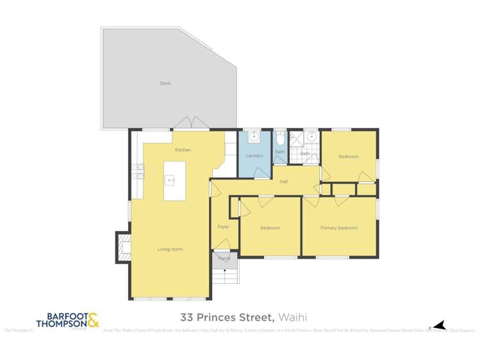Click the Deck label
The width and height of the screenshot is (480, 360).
(x=165, y=83)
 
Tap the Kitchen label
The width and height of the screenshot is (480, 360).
(x=183, y=150)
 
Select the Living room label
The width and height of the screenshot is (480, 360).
(x=170, y=249)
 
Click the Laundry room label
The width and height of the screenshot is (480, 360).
(x=254, y=156)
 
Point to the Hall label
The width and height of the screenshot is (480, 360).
(x=283, y=182)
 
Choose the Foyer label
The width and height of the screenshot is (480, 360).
(x=223, y=227)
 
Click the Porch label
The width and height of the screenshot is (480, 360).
(x=224, y=258)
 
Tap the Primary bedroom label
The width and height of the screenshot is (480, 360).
(x=339, y=227)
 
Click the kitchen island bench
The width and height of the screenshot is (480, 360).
(x=174, y=181)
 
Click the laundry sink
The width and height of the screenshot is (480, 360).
(x=254, y=136)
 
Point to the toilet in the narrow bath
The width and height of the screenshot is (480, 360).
(x=280, y=140)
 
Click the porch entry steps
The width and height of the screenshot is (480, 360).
(x=224, y=277)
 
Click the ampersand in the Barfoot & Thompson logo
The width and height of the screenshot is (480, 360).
(x=93, y=320)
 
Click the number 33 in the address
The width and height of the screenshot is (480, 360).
(x=186, y=317)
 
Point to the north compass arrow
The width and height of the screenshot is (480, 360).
(x=437, y=325)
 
